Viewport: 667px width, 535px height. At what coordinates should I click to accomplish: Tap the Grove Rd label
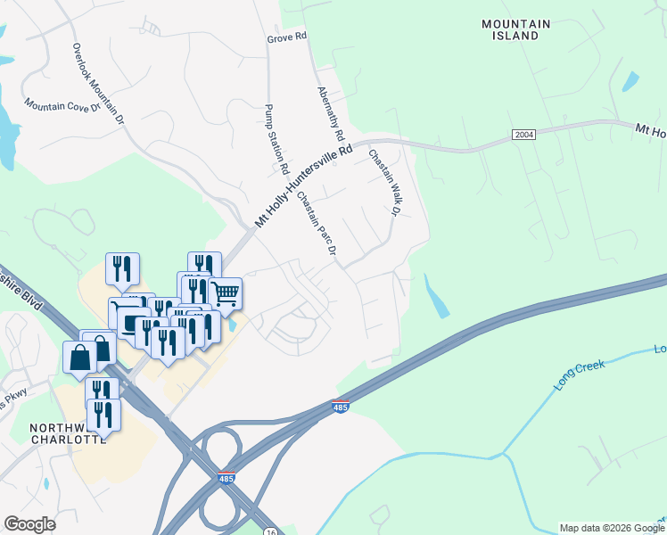coord(286,37)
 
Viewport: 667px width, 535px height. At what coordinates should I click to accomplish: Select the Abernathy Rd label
coord(330,114)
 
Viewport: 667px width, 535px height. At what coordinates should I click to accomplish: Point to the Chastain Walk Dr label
coord(381,182)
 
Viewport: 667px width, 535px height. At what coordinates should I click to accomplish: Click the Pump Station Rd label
coord(277,139)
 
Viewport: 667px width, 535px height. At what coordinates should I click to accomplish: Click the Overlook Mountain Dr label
coord(97,82)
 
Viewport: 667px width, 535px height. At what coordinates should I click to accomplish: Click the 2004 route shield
coord(524,135)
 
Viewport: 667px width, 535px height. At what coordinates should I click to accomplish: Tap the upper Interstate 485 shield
coord(339,407)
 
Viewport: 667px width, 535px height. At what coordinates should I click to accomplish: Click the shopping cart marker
coord(226,292)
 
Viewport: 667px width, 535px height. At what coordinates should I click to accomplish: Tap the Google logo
coord(29,524)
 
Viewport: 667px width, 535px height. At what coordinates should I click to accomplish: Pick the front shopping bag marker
coord(79,358)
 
